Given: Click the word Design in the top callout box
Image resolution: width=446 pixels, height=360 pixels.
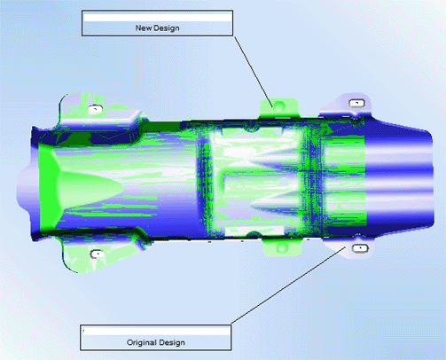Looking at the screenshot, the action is click(x=167, y=28).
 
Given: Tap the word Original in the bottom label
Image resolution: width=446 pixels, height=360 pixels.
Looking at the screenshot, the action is click(x=139, y=342).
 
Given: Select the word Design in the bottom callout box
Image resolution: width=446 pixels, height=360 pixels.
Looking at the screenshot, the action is click(x=171, y=342).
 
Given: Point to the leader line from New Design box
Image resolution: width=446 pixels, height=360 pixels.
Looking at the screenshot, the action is click(x=254, y=72).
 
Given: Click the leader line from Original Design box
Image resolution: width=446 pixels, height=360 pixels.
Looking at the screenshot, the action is click(x=288, y=286).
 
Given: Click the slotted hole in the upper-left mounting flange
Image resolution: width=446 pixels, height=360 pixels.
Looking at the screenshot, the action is click(x=95, y=109).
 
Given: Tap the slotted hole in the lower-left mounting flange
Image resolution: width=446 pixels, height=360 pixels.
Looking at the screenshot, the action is click(x=97, y=254).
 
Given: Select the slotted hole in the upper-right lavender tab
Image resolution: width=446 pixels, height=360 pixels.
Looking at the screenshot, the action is click(x=356, y=103).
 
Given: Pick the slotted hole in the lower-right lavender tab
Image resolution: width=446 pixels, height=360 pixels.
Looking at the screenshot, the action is click(x=360, y=248).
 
